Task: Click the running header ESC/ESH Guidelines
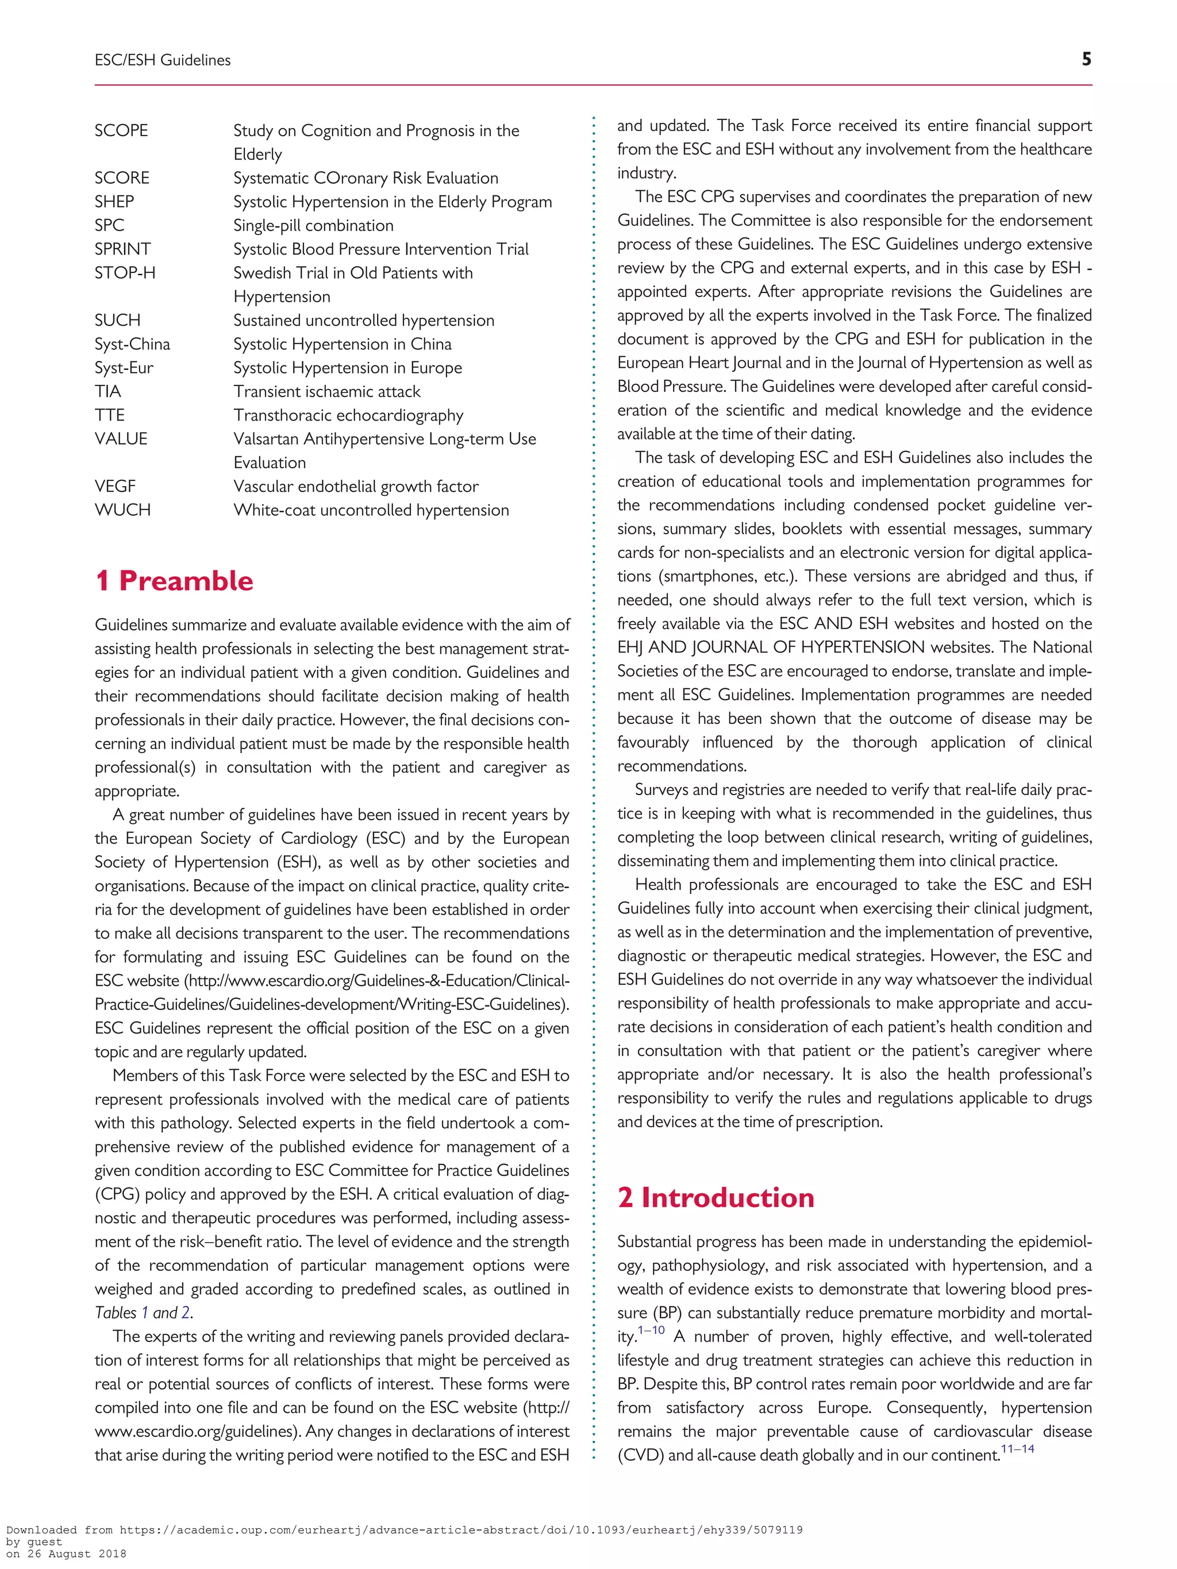[163, 60]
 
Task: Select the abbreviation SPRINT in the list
[123, 249]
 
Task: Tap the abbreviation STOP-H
[125, 273]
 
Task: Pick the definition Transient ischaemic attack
[326, 392]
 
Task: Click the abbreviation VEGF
[115, 487]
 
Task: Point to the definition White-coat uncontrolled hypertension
[371, 510]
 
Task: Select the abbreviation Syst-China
[133, 344]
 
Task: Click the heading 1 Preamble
[174, 581]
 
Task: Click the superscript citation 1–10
[651, 1330]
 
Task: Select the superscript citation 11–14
[1017, 1448]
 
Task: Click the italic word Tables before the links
[116, 1313]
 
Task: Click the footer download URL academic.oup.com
[405, 1530]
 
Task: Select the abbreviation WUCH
[123, 510]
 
